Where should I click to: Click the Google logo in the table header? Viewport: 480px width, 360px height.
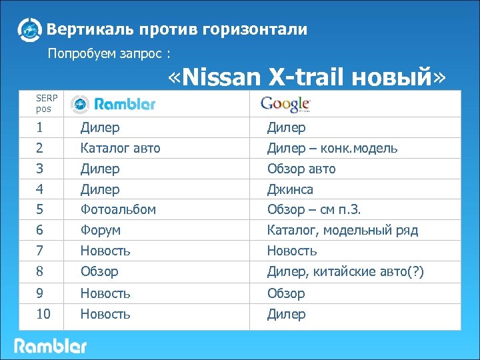pos(285,104)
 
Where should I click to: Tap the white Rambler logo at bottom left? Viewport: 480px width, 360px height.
pos(51,346)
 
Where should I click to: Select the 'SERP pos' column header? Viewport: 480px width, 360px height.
pos(46,103)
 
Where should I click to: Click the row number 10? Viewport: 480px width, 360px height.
pos(43,314)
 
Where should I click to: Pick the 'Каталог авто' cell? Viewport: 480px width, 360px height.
pos(120,148)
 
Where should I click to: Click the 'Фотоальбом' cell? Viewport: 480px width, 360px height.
pos(118,209)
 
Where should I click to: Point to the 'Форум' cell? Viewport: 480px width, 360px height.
pos(100,231)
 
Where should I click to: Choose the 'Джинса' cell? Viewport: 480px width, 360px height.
pos(290,189)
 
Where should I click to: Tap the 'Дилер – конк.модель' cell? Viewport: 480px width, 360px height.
pos(332,148)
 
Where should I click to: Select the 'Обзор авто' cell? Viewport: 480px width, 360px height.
pos(301,169)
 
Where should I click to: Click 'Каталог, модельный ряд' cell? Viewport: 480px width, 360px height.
pos(343,231)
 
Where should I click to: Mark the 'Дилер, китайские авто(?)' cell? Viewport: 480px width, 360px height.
pos(345,272)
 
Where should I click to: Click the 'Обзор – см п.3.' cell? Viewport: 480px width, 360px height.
pos(314,209)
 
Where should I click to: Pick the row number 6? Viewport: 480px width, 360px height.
pos(39,231)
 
